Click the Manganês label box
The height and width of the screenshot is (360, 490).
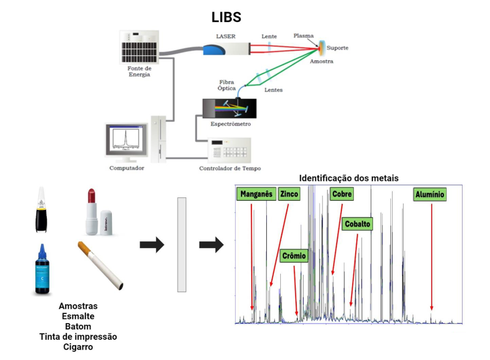pyautogui.click(x=256, y=194)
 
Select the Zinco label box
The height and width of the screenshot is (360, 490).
pyautogui.click(x=289, y=194)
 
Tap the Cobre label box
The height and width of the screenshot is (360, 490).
pyautogui.click(x=341, y=194)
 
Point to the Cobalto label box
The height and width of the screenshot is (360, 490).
pyautogui.click(x=357, y=224)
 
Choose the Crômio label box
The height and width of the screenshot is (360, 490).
pyautogui.click(x=294, y=256)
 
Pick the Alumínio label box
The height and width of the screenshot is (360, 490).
pyautogui.click(x=430, y=195)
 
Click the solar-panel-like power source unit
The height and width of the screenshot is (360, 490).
pyautogui.click(x=139, y=46)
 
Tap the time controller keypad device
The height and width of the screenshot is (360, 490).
pyautogui.click(x=229, y=151)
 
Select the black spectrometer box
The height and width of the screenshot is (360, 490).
pyautogui.click(x=227, y=108)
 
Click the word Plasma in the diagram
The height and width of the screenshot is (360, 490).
pyautogui.click(x=303, y=36)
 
